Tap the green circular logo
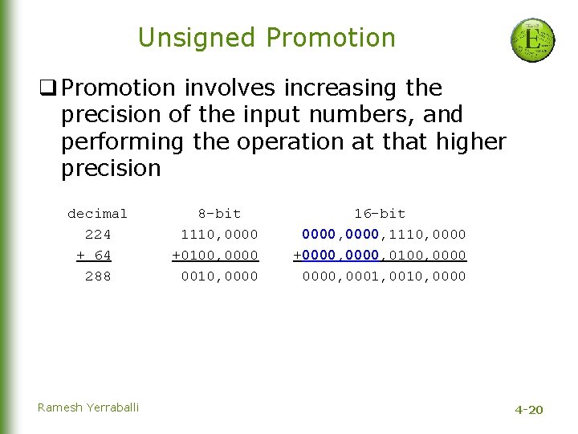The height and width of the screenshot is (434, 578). (x=532, y=40)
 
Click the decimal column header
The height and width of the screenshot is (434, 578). (x=97, y=214)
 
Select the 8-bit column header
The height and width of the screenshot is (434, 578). (x=219, y=214)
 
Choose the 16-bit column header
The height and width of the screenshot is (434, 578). (x=380, y=214)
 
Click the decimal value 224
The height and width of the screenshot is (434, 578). (x=98, y=235)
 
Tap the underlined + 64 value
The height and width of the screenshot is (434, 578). (x=94, y=256)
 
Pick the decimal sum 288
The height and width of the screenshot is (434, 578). (x=98, y=276)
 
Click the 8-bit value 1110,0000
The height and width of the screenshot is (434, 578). (x=219, y=235)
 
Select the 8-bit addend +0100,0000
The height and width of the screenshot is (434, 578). (x=215, y=256)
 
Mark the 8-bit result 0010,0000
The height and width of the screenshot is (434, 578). (x=219, y=276)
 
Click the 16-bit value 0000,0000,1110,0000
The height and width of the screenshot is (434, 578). (x=384, y=235)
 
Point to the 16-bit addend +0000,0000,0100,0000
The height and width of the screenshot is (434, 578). (x=380, y=256)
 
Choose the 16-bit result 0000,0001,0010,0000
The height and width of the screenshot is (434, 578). (x=384, y=276)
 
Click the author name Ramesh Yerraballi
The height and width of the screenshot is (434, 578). (x=88, y=407)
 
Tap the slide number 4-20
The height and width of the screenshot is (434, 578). (x=528, y=410)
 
